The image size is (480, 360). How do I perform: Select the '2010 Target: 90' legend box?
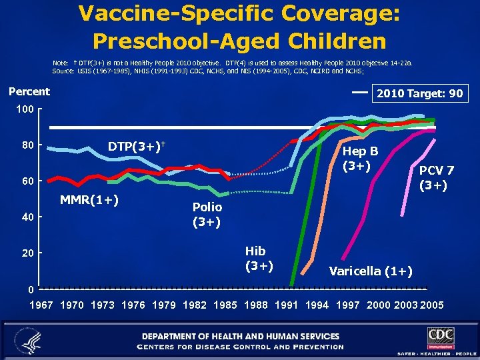point(419,93)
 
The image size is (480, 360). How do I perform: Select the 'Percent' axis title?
point(29,91)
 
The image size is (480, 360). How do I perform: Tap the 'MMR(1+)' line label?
point(89,199)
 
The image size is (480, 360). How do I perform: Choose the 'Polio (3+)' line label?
point(207,214)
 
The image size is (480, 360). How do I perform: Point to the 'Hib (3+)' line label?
point(255,258)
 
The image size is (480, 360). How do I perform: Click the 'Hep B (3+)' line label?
point(360,158)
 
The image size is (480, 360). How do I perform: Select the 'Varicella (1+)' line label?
point(371,271)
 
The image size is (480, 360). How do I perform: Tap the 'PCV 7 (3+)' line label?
point(437,177)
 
